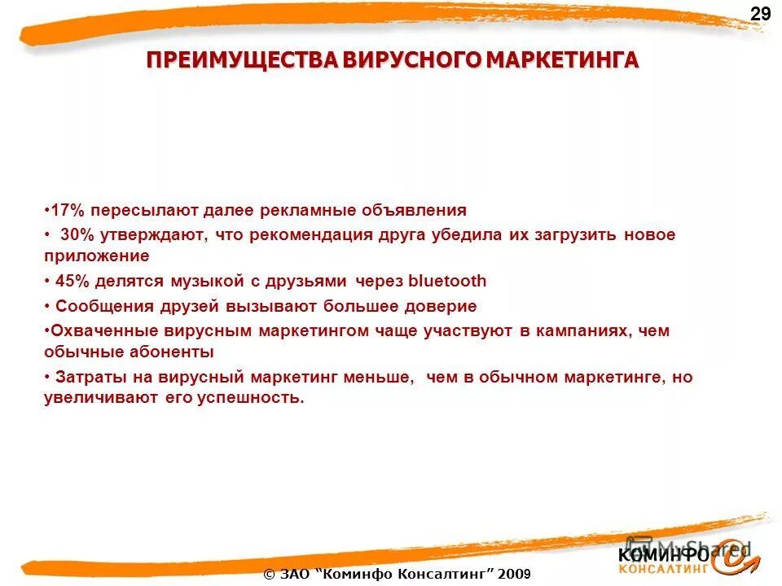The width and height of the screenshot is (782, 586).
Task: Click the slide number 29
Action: (x=760, y=14)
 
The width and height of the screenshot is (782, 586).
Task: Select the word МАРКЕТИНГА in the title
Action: (x=556, y=62)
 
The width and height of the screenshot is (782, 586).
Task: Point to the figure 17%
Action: (x=68, y=211)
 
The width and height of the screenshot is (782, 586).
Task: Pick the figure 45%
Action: (x=73, y=282)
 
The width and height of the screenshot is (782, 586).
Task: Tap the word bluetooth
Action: (x=446, y=282)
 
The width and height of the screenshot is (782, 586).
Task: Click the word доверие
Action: (x=439, y=307)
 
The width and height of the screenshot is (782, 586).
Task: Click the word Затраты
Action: (x=88, y=378)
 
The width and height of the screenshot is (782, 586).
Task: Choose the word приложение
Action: (x=97, y=256)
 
